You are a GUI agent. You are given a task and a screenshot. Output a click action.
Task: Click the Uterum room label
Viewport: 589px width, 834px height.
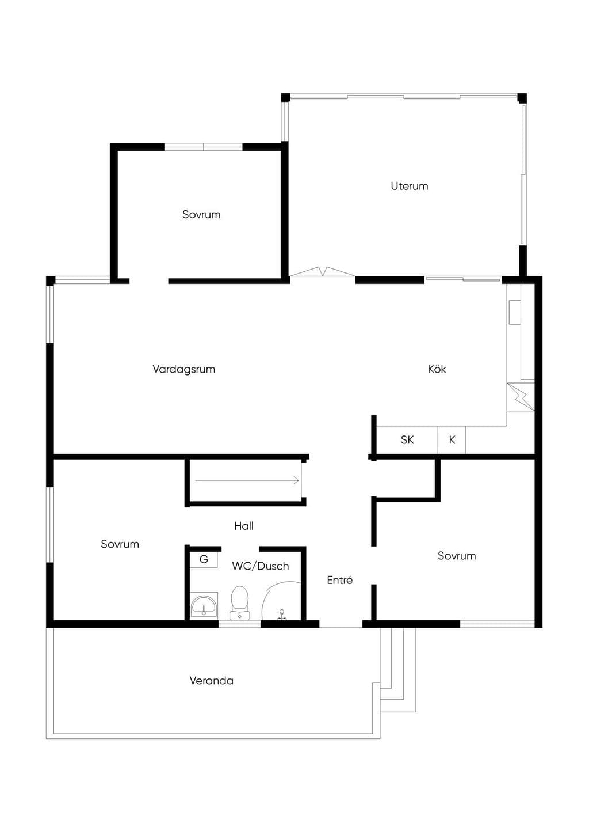[409, 186]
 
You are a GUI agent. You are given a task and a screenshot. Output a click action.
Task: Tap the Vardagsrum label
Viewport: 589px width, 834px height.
[183, 369]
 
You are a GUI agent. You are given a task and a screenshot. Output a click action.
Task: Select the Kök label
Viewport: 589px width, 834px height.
[437, 369]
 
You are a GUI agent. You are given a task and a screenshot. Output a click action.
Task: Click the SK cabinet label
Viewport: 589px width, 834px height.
[407, 439]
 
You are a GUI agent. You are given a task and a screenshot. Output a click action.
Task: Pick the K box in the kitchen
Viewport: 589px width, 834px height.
[452, 440]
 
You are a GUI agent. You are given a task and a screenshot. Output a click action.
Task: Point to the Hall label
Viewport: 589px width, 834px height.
[243, 526]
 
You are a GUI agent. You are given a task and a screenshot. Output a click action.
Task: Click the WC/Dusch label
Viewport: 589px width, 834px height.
[261, 566]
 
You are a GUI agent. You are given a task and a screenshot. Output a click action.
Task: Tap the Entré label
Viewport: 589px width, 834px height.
[339, 580]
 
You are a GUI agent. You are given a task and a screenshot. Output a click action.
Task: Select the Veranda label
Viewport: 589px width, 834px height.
[211, 681]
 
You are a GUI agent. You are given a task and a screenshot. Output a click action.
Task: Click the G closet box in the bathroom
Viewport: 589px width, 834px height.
[204, 560]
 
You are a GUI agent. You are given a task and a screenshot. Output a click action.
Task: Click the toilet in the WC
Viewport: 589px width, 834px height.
[239, 603]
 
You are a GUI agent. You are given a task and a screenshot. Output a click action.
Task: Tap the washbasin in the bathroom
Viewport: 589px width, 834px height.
[204, 606]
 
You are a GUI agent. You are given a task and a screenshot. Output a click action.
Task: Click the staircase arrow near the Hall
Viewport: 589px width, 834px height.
[247, 480]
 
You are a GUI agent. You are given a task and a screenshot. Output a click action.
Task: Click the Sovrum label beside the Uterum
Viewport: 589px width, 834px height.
[201, 214]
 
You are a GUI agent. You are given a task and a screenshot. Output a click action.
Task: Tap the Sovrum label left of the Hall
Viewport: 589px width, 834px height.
[120, 544]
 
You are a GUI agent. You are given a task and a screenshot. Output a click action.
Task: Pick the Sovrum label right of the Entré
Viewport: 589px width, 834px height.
[457, 556]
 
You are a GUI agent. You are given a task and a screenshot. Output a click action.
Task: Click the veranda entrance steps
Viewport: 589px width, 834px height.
[397, 670]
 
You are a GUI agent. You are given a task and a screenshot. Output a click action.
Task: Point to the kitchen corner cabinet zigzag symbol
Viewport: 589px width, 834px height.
[521, 397]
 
